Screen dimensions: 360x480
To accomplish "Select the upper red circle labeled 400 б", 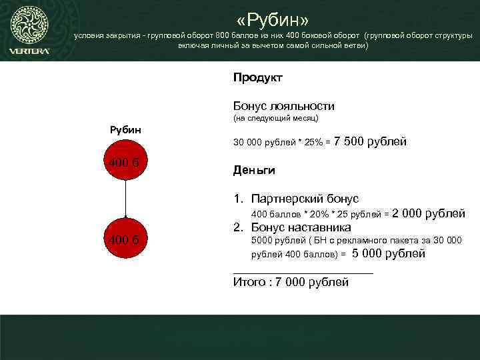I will [x=125, y=161].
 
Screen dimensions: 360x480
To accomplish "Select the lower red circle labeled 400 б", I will [x=125, y=238].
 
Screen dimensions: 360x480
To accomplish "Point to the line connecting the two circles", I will [x=125, y=199].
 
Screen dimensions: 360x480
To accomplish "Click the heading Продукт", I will [x=257, y=78].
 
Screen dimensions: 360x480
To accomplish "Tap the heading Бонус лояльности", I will [x=283, y=106].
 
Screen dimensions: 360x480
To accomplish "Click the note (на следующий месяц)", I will [x=275, y=119].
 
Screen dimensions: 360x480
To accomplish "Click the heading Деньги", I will [x=254, y=171].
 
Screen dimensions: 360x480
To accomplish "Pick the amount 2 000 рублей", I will [x=429, y=213].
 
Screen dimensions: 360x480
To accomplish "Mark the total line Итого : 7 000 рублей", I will [x=291, y=282].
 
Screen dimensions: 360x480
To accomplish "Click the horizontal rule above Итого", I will [x=303, y=272].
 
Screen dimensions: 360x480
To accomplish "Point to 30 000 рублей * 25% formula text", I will [x=281, y=143].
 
